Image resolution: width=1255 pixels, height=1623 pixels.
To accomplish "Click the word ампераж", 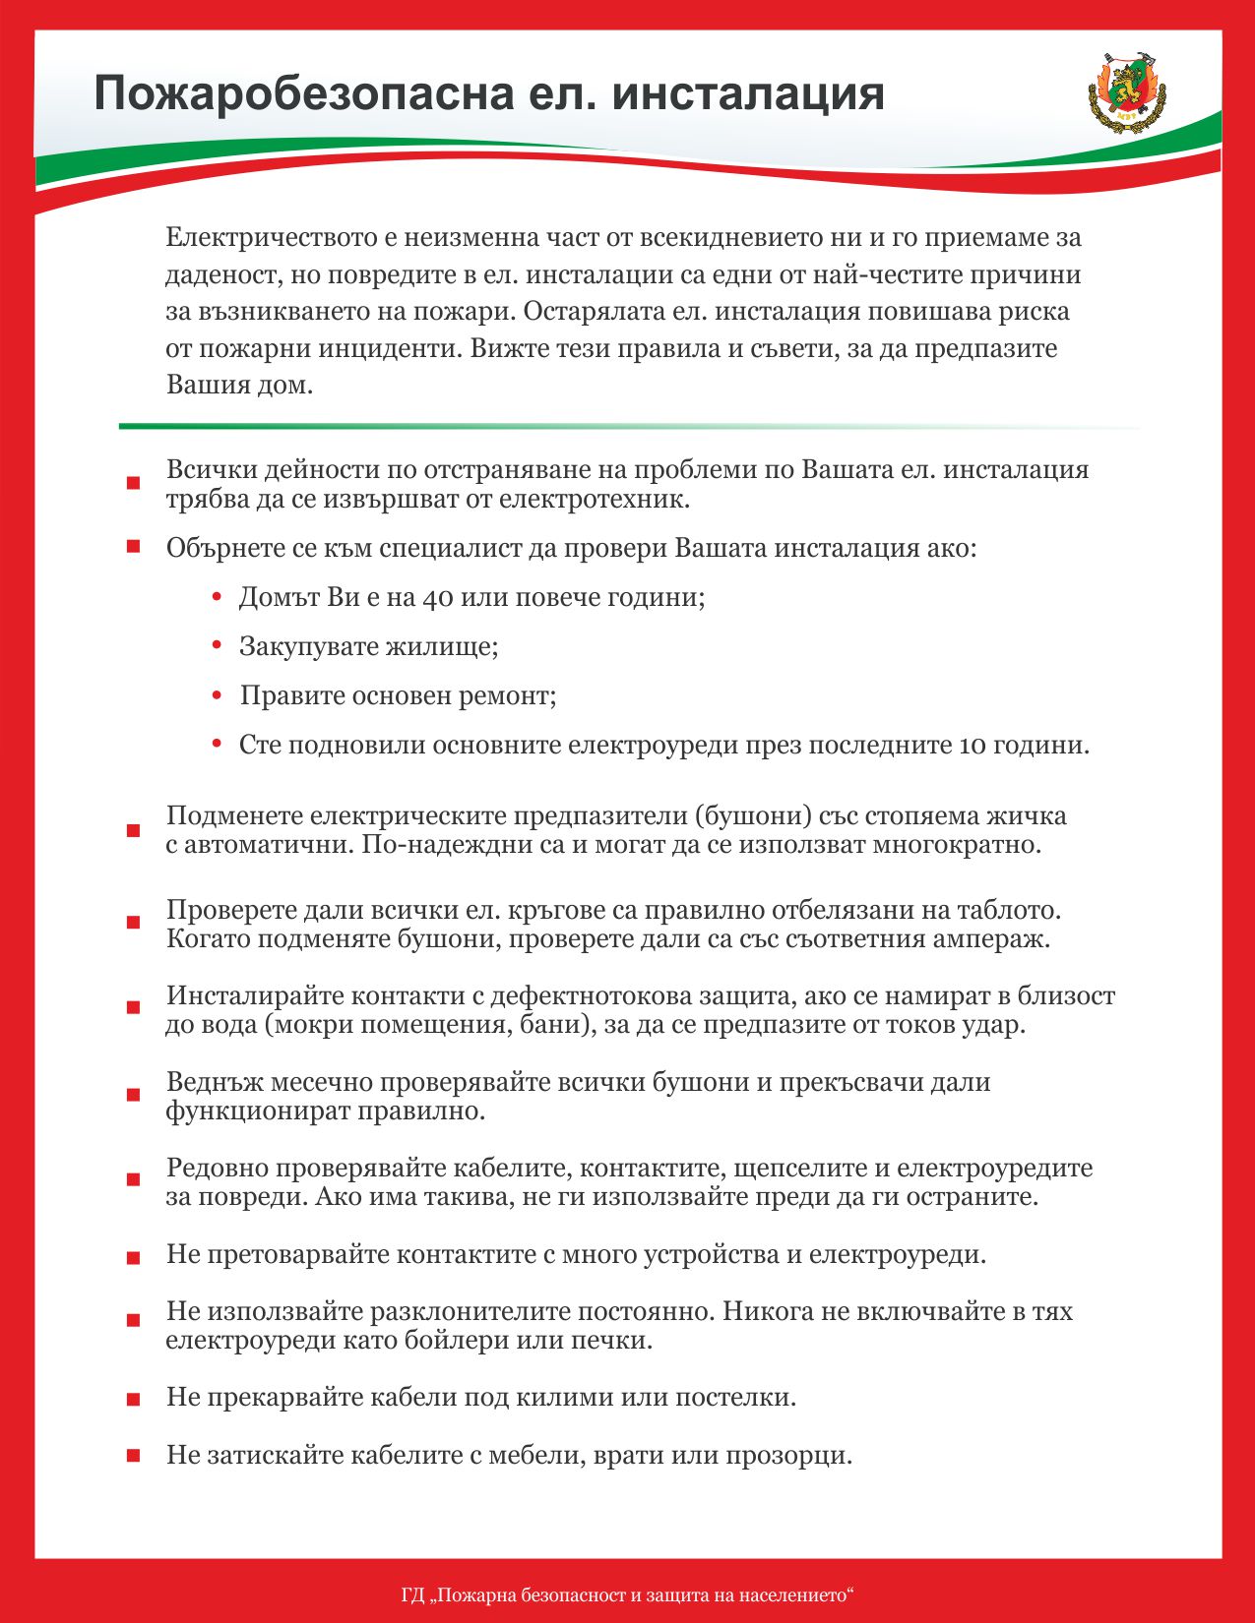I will [x=996, y=937].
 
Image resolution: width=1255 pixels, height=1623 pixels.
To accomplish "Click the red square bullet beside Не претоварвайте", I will [x=133, y=1258].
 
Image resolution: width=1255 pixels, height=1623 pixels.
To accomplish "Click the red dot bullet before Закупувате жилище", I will [x=218, y=644].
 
